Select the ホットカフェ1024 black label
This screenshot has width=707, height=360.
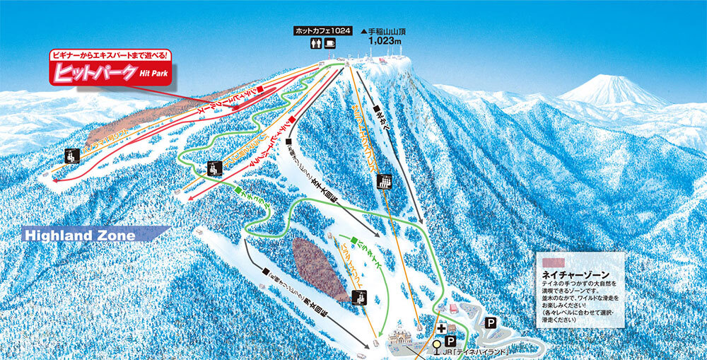click(324, 31)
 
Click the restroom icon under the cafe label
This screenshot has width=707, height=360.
click(315, 44)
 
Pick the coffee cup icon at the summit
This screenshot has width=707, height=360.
click(330, 44)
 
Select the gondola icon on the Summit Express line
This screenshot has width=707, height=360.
click(384, 182)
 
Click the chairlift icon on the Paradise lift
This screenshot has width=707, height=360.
click(358, 297)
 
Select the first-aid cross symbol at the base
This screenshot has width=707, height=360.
click(442, 328)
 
